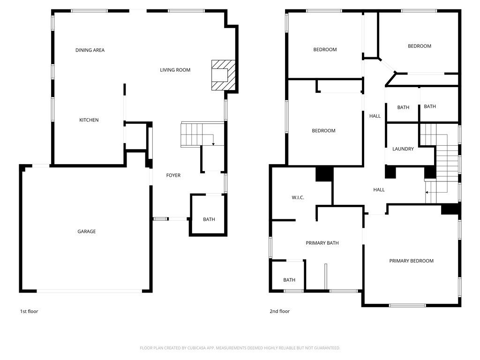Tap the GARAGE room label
click(87, 232)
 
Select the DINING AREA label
click(90, 50)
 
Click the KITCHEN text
click(89, 120)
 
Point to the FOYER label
click(173, 175)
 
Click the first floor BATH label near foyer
click(209, 219)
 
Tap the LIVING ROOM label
click(175, 70)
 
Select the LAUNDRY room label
click(403, 149)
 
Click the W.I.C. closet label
click(298, 198)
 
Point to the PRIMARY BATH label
click(322, 243)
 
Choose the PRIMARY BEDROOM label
click(411, 261)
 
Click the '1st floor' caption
click(29, 312)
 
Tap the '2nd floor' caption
click(279, 312)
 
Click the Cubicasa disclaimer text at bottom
click(240, 348)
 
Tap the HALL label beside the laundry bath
click(375, 116)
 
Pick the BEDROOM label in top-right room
click(419, 46)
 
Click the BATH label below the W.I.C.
click(289, 280)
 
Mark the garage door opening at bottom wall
click(89, 291)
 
